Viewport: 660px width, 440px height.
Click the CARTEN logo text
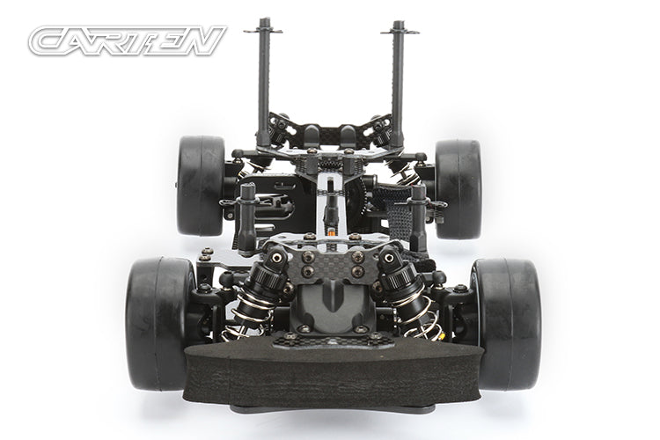tap(128, 40)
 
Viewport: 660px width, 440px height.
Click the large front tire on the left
tap(158, 321)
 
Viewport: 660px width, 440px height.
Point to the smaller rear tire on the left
tap(201, 185)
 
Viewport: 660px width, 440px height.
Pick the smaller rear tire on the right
tap(458, 188)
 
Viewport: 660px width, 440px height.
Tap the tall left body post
tap(264, 88)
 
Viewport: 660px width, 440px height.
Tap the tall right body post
tap(397, 88)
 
